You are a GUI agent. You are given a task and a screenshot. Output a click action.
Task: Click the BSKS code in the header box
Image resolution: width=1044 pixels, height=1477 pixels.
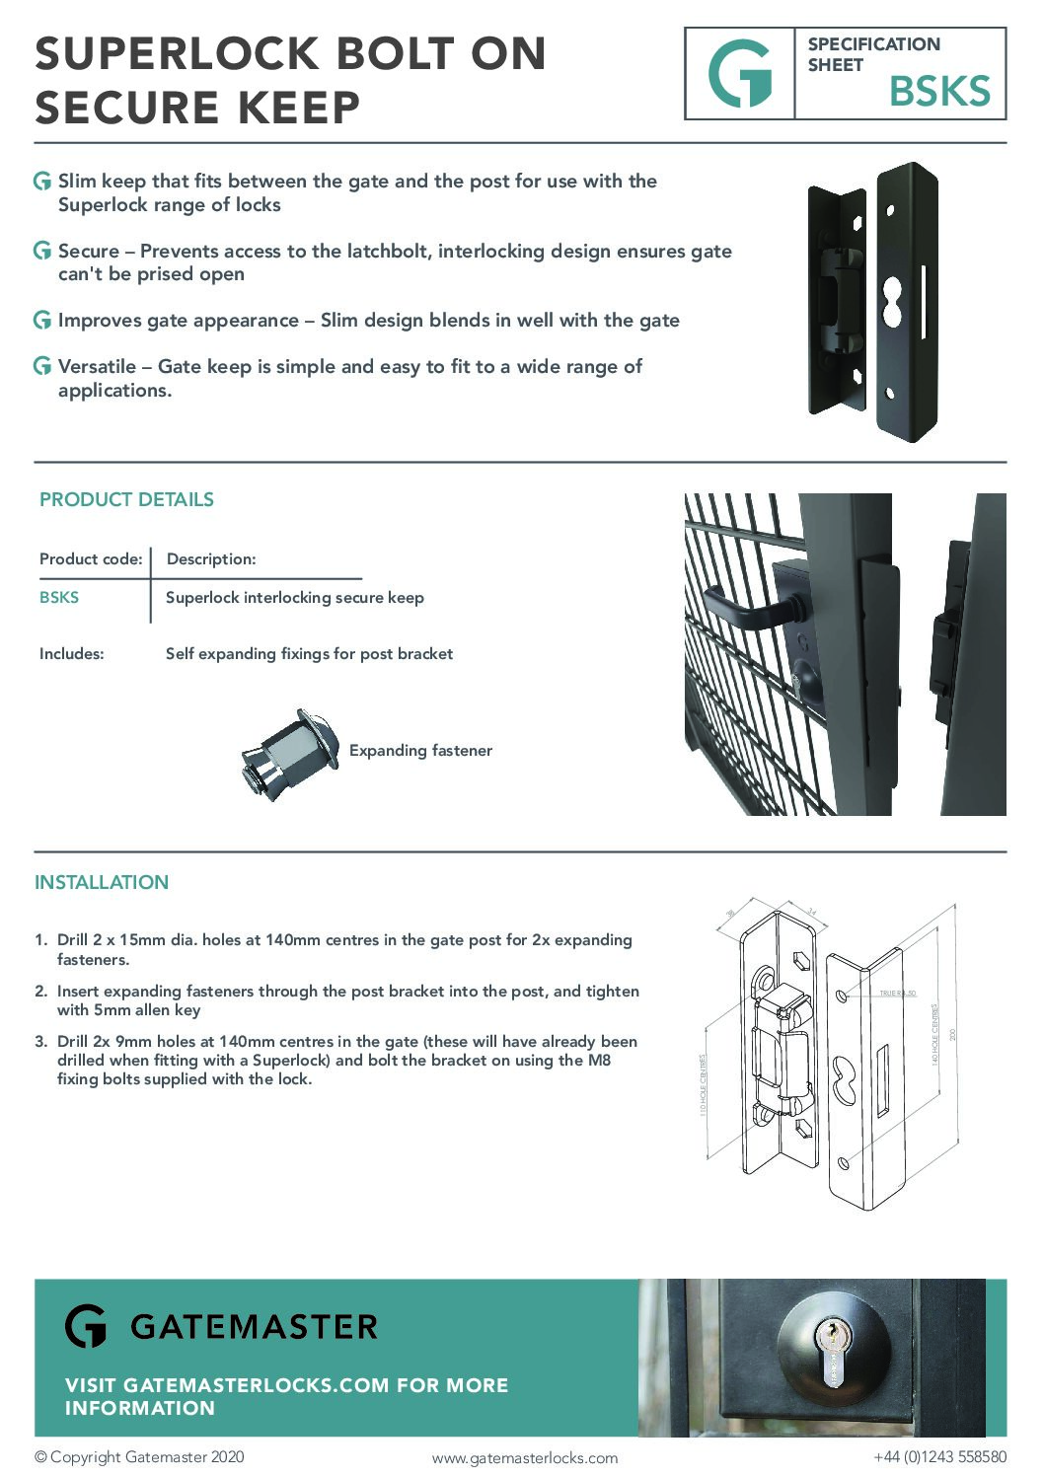pyautogui.click(x=938, y=92)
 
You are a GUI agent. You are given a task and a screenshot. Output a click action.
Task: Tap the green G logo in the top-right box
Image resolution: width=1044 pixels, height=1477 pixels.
pyautogui.click(x=739, y=74)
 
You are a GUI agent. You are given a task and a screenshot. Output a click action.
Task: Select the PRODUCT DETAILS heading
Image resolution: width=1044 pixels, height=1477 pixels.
pyautogui.click(x=126, y=499)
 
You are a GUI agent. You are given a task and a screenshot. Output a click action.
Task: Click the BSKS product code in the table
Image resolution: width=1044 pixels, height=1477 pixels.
pyautogui.click(x=59, y=597)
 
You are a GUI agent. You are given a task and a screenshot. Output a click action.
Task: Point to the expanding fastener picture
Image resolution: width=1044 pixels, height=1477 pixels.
pyautogui.click(x=288, y=753)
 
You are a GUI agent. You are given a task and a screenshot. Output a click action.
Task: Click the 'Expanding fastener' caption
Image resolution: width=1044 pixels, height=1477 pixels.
pyautogui.click(x=420, y=751)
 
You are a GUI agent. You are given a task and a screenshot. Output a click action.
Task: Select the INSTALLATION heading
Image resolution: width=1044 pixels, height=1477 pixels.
pyautogui.click(x=102, y=882)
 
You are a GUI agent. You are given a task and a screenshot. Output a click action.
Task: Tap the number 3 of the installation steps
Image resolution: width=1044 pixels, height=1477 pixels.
pyautogui.click(x=40, y=1041)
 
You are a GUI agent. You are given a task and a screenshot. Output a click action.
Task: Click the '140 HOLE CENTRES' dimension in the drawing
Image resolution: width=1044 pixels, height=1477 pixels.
pyautogui.click(x=934, y=1034)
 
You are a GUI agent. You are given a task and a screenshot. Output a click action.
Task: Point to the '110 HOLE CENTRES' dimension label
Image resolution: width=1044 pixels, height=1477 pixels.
pyautogui.click(x=704, y=1084)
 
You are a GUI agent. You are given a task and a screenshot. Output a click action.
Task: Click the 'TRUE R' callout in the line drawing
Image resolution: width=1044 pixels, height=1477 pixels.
pyautogui.click(x=898, y=993)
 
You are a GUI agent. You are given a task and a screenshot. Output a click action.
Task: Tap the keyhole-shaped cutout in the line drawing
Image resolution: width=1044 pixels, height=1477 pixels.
pyautogui.click(x=845, y=1079)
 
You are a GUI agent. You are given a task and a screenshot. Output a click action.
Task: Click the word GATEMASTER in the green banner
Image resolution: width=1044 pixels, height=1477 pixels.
pyautogui.click(x=254, y=1327)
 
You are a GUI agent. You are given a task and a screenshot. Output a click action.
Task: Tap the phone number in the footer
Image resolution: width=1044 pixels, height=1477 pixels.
pyautogui.click(x=939, y=1457)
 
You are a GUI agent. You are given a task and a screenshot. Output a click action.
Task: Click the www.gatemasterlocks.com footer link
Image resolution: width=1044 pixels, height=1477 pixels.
pyautogui.click(x=524, y=1458)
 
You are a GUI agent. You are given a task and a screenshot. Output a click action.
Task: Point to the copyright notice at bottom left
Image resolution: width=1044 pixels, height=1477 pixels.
pyautogui.click(x=139, y=1457)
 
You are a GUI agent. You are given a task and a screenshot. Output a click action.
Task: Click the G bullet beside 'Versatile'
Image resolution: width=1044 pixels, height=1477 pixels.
pyautogui.click(x=42, y=367)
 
